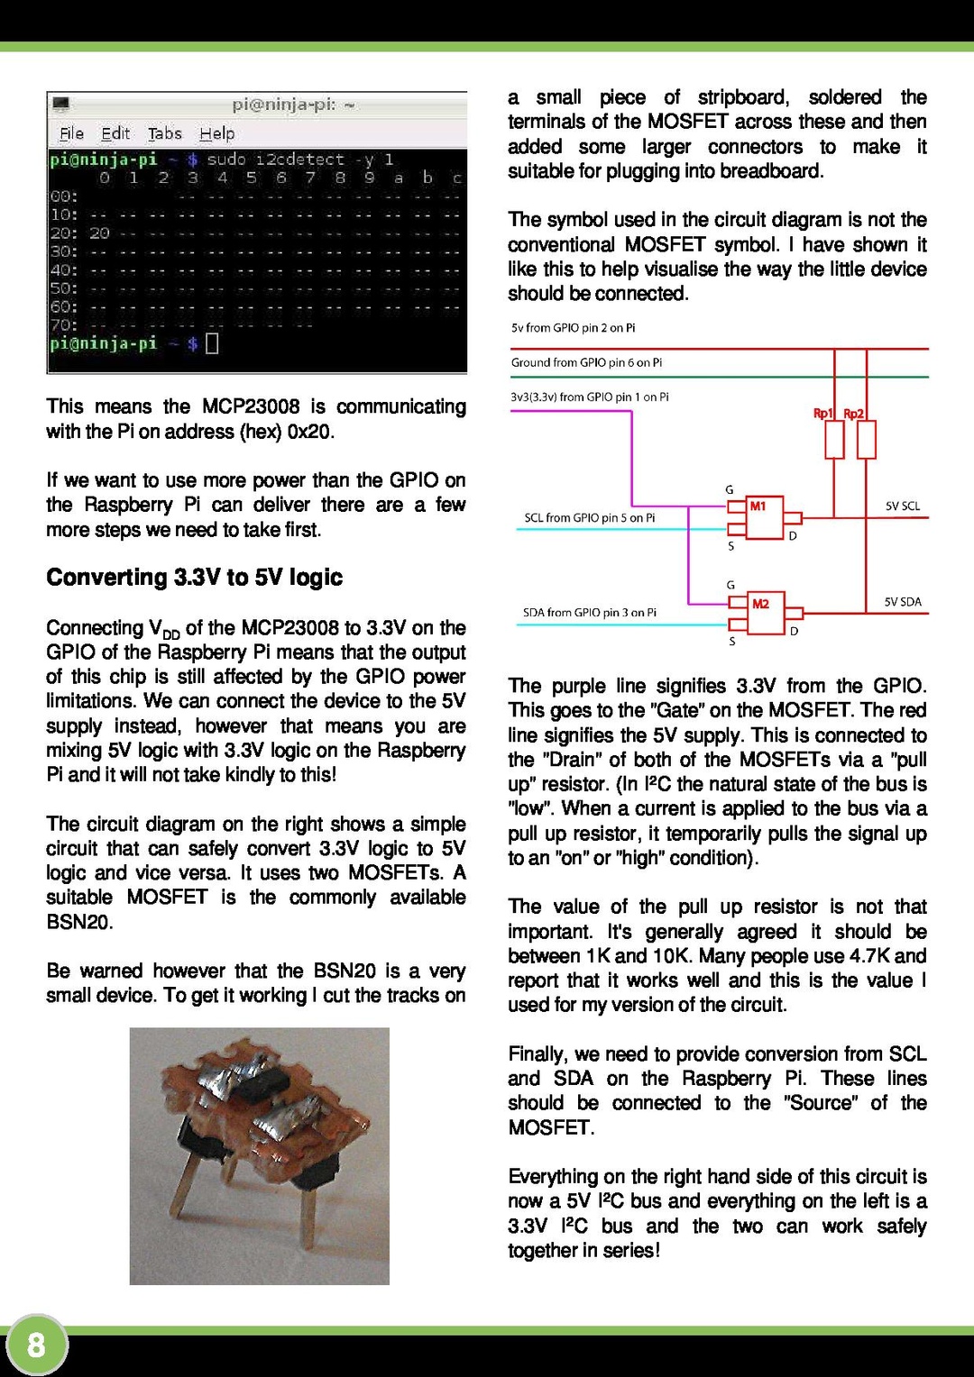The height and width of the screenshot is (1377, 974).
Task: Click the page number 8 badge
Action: coord(36,1345)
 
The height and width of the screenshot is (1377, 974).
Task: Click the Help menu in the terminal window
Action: coord(216,133)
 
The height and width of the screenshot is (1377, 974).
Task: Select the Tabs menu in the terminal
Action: coord(164,133)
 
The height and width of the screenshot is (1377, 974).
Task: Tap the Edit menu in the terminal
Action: coord(115,133)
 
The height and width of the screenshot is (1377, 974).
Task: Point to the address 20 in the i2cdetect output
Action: coord(99,233)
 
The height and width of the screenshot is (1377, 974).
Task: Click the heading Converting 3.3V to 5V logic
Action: coord(194,577)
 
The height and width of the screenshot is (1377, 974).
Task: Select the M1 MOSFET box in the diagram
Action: coord(764,517)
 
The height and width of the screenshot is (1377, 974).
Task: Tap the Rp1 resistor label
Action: coord(822,414)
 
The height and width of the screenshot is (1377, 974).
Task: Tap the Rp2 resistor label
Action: coord(853,414)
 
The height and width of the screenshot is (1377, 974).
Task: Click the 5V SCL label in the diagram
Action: coord(902,506)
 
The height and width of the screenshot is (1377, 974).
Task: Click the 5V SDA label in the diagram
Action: coord(902,602)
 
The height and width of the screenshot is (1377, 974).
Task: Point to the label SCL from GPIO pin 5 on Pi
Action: coord(589,518)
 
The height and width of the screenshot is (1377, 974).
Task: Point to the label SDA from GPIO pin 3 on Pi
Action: coord(589,613)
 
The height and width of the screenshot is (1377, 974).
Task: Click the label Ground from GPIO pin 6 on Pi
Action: coord(586,362)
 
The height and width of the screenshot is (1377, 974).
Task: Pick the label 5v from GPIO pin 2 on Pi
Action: coord(573,328)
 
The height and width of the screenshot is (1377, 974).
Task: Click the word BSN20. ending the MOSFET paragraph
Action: coord(79,922)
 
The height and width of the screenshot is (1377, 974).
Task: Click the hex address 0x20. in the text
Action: coord(310,432)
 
